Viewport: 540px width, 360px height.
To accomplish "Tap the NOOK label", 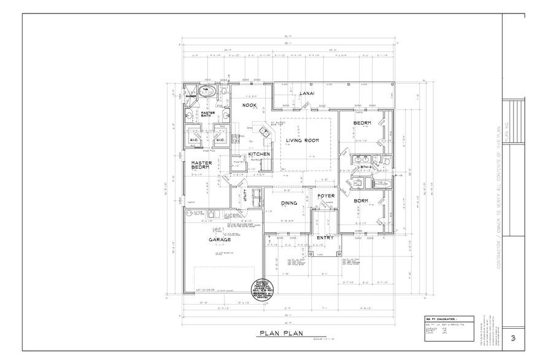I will [249, 105].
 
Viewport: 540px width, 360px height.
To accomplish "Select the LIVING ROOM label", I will [303, 140].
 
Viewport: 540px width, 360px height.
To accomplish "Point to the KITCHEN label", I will [260, 154].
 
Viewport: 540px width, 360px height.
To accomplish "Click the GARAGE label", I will [218, 240].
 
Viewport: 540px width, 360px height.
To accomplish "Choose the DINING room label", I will [289, 203].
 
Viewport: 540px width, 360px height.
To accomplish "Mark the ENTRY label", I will [325, 237].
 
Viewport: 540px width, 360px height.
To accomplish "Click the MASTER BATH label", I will [207, 115].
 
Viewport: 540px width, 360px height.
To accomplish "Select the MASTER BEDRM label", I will [201, 165].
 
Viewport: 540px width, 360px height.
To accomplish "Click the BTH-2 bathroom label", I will [367, 166].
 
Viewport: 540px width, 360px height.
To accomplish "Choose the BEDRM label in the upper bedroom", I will [361, 123].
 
